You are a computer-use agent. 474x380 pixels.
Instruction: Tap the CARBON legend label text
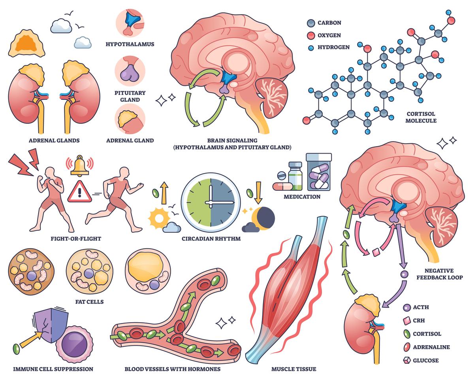click(x=329, y=23)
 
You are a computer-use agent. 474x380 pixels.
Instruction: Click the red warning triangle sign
click(x=79, y=192)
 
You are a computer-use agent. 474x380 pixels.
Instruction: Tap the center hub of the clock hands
click(x=211, y=203)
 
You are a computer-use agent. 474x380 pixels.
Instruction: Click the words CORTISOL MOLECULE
click(x=421, y=117)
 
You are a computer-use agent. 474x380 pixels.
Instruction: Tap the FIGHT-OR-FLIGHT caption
click(x=76, y=239)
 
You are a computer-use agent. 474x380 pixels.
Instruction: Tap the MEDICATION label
click(x=302, y=196)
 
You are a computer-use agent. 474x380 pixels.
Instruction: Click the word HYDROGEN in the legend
click(x=333, y=47)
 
